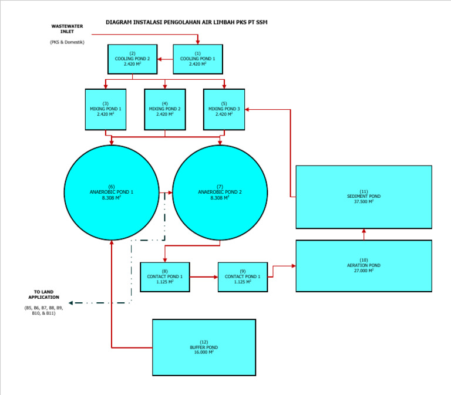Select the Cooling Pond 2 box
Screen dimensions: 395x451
tap(132, 59)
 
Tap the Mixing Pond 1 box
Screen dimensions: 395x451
tap(106, 109)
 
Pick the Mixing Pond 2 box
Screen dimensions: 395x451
tap(165, 109)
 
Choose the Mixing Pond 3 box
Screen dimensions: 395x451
tap(224, 109)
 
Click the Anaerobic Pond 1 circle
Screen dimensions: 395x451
tap(112, 192)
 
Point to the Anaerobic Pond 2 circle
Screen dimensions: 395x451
tap(220, 192)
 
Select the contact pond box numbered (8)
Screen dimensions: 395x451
tap(165, 276)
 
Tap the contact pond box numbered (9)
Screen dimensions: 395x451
tap(243, 276)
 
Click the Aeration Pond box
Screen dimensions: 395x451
tap(364, 265)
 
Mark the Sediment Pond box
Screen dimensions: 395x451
tap(364, 197)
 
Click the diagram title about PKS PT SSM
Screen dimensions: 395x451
tap(187, 22)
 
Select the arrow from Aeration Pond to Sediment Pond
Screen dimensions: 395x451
tap(364, 234)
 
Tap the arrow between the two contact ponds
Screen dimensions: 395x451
tap(204, 276)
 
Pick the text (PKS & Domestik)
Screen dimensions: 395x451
tap(67, 42)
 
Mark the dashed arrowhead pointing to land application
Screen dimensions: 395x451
tap(71, 303)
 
